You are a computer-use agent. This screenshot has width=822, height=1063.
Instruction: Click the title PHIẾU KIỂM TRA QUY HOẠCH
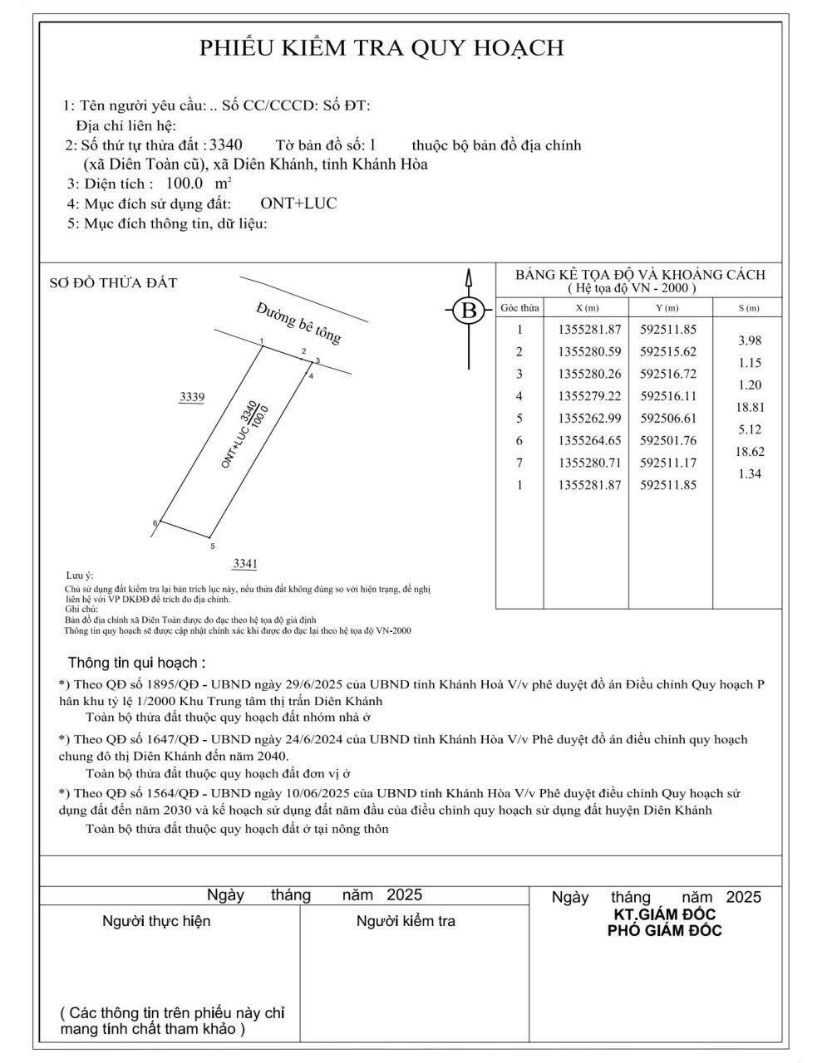pyautogui.click(x=381, y=48)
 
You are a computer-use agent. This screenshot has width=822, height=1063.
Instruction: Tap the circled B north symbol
pyautogui.click(x=469, y=311)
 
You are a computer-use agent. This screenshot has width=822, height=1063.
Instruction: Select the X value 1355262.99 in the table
pyautogui.click(x=589, y=419)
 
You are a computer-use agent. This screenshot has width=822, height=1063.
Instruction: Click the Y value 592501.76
pyautogui.click(x=668, y=441)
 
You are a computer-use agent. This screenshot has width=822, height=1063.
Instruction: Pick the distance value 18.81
pyautogui.click(x=749, y=408)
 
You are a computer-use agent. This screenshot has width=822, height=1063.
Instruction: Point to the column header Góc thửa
pyautogui.click(x=519, y=308)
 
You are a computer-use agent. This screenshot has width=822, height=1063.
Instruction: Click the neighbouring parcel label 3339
pyautogui.click(x=192, y=398)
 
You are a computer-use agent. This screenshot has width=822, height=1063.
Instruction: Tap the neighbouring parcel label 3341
pyautogui.click(x=245, y=564)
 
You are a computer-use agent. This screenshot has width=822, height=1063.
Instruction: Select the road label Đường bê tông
pyautogui.click(x=298, y=322)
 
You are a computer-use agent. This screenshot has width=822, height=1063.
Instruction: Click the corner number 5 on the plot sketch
pyautogui.click(x=213, y=546)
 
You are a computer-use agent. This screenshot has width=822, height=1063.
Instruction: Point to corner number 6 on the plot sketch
pyautogui.click(x=155, y=523)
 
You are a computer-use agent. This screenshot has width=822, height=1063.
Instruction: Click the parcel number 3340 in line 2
pyautogui.click(x=226, y=145)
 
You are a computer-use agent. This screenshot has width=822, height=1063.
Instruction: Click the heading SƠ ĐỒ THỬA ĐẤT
pyautogui.click(x=114, y=283)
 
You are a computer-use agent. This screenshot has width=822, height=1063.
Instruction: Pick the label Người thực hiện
pyautogui.click(x=156, y=921)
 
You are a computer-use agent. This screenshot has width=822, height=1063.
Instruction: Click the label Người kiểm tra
pyautogui.click(x=406, y=921)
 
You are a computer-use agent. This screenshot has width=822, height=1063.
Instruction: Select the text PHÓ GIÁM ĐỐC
pyautogui.click(x=664, y=931)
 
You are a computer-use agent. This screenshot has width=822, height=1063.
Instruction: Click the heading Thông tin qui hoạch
pyautogui.click(x=136, y=663)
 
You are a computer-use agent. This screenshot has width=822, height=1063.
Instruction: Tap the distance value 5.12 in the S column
pyautogui.click(x=749, y=430)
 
